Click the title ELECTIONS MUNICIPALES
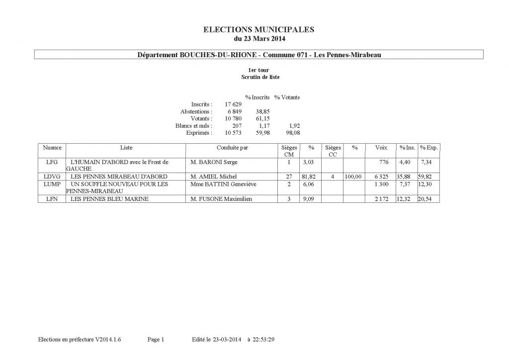pos(259,29)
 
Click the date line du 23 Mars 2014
pos(259,38)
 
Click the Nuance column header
pos(52,148)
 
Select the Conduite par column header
pos(232,148)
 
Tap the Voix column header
pos(381,148)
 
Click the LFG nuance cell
pos(51,162)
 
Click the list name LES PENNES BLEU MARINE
pos(110,199)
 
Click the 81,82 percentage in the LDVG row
pos(312,177)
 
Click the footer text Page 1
pos(156,340)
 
